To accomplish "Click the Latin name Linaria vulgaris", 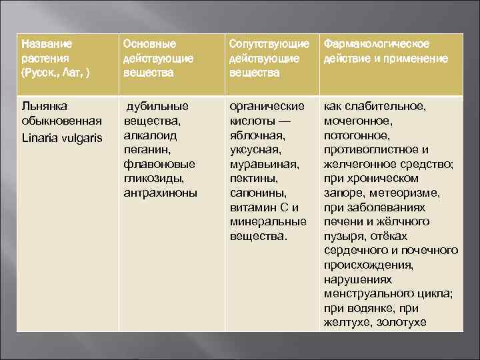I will (x=61, y=135).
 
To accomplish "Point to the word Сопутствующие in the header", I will (x=268, y=43).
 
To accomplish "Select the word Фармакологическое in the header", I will (x=377, y=43).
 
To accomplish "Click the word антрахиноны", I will (x=160, y=193).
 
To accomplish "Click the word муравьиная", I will (x=264, y=164).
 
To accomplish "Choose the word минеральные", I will (x=267, y=222).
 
